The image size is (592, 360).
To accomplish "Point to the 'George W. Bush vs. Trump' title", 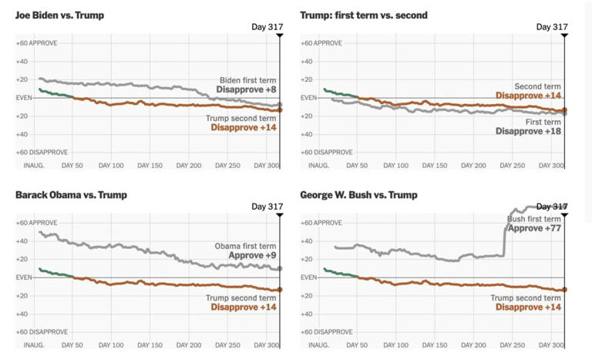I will coord(359,195).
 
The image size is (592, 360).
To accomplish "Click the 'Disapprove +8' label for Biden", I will coord(246,89).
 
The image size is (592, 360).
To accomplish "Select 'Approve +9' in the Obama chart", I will coord(252,255).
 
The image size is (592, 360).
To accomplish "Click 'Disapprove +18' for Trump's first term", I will coord(528,131).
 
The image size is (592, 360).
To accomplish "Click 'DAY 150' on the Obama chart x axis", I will coord(150,345).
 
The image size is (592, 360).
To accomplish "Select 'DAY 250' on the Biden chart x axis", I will coord(227,165).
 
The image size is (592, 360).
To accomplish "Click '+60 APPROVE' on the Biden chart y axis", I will coord(37,43).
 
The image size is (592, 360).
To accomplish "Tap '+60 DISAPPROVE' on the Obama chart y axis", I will coord(42,332).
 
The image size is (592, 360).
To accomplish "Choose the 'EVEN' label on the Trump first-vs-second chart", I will coord(308,98).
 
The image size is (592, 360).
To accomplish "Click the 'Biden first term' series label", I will coord(247,80).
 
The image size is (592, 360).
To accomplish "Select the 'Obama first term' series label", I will coord(245,246).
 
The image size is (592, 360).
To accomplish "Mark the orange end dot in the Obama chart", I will coord(279,290).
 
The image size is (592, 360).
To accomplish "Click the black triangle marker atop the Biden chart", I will coord(279,35).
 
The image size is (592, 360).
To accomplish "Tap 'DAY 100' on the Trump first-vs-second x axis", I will coord(395,165).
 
